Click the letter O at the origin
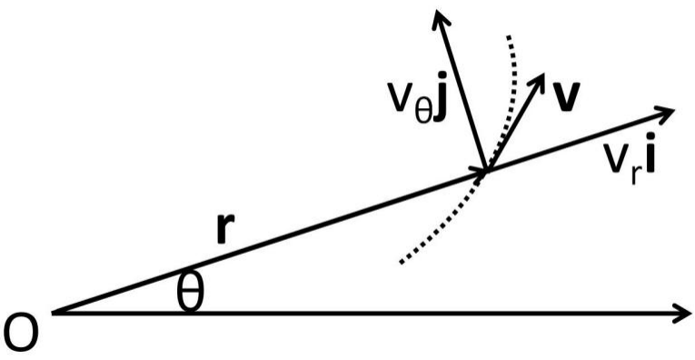[x=20, y=335]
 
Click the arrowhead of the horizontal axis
[x=682, y=313]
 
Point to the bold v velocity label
[x=564, y=97]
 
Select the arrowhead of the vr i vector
[x=664, y=114]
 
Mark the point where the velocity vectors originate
[x=486, y=171]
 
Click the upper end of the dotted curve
[x=509, y=36]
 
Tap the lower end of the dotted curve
[x=402, y=262]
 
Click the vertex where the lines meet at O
[x=54, y=313]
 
